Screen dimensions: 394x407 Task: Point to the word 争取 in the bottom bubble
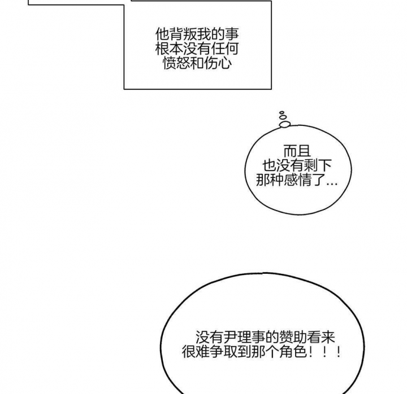click(x=224, y=353)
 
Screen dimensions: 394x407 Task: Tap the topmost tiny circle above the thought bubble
click(x=281, y=113)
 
